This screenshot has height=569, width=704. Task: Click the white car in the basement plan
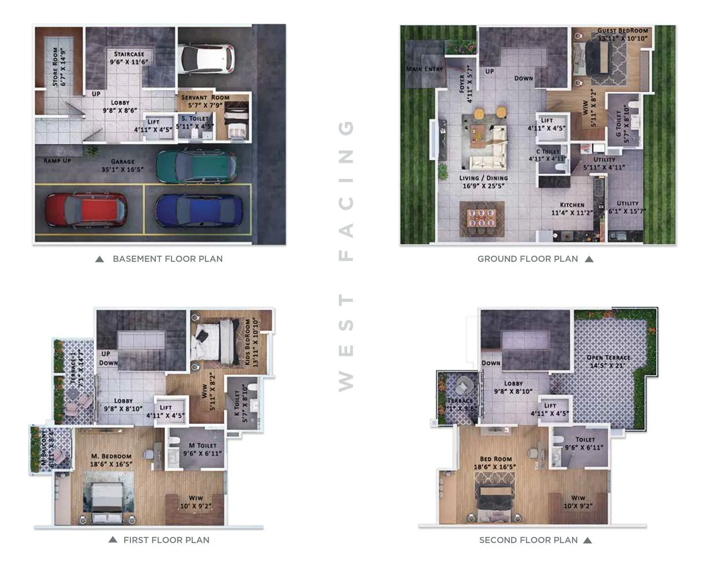(206, 59)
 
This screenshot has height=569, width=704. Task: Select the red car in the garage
(86, 210)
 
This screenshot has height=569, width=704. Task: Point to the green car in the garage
(196, 166)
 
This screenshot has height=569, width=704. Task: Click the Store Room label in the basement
(55, 66)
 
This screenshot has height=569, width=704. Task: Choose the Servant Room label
(205, 97)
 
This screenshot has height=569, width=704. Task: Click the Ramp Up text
(57, 161)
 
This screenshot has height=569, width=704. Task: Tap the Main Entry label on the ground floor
(424, 69)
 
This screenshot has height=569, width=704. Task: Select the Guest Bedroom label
(622, 31)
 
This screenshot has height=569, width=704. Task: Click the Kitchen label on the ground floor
(572, 205)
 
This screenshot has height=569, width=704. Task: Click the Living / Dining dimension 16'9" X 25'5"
(483, 186)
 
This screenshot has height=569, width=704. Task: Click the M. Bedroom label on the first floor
(111, 456)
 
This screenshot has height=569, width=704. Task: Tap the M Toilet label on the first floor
(202, 445)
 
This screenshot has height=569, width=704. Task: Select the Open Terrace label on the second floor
(608, 357)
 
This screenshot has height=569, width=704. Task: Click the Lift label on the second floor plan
(550, 405)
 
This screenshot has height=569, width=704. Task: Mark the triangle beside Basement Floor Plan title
(100, 259)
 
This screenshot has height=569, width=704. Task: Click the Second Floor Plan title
(528, 540)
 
